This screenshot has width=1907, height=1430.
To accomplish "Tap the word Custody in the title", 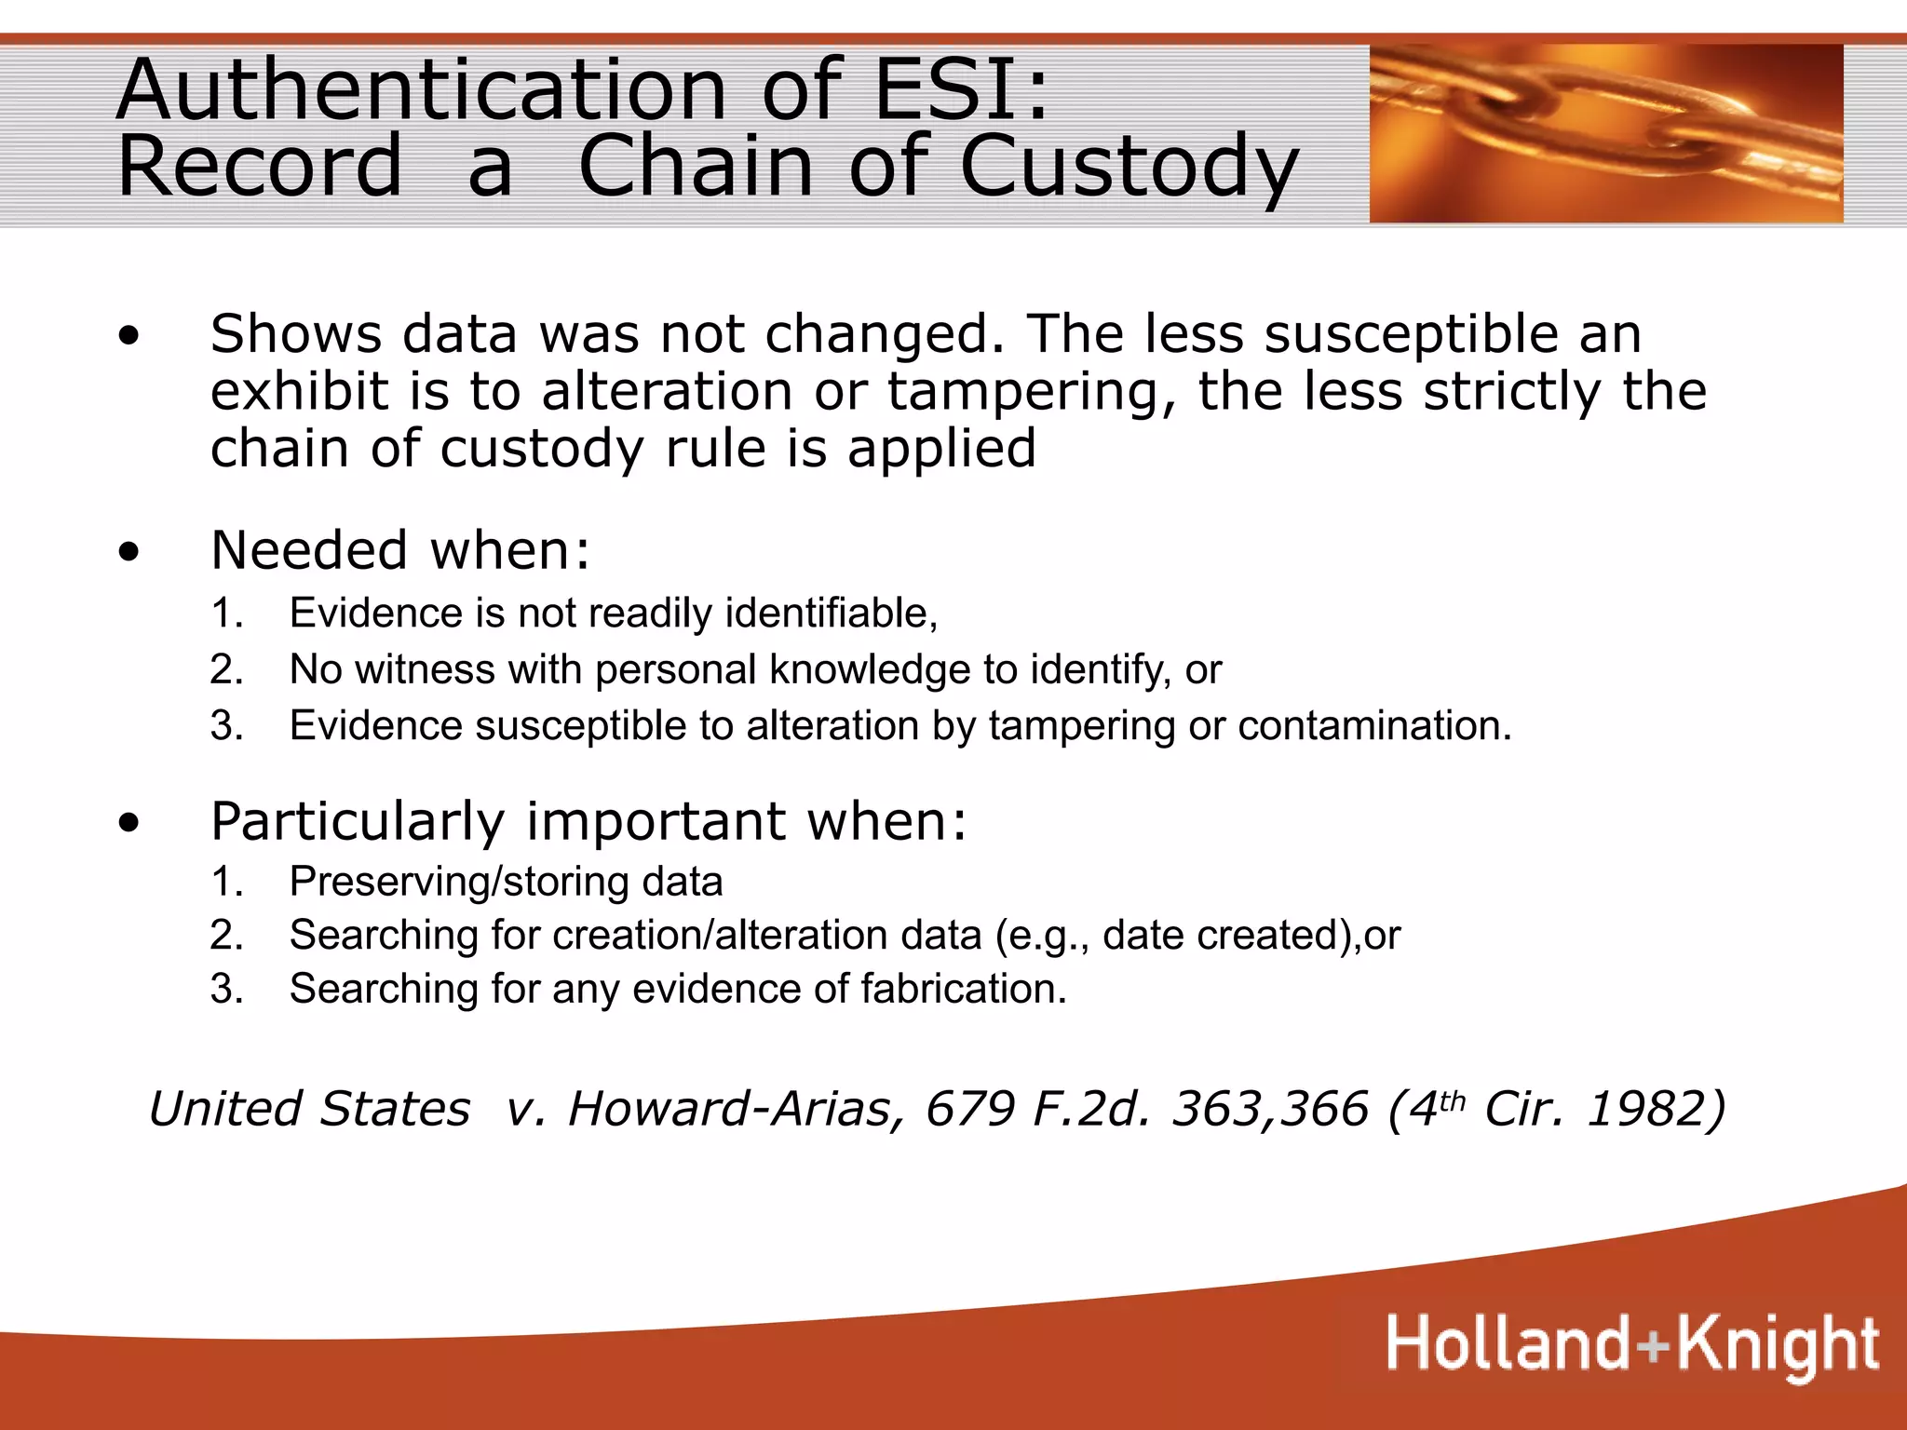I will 1129,168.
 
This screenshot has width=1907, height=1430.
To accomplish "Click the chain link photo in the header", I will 1605,133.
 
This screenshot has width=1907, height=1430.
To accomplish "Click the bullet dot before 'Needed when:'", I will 129,551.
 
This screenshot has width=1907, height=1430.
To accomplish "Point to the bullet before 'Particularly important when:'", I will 129,823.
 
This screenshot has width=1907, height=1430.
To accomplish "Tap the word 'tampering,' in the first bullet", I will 1034,391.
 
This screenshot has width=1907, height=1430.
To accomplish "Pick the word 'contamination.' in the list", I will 1374,725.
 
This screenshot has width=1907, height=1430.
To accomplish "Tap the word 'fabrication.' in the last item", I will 963,989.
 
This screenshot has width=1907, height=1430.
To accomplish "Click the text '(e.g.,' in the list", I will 1042,936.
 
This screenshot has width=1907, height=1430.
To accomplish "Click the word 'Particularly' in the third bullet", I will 358,822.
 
